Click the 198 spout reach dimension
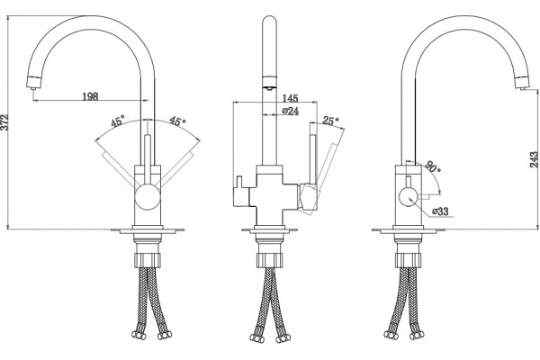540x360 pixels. pos(90,96)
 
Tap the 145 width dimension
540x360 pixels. pos(290,98)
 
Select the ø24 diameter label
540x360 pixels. pos(290,111)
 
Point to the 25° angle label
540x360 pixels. pos(330,121)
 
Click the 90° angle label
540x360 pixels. pos(433,166)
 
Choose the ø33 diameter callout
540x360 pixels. pos(440,211)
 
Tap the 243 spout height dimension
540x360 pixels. pos(534,159)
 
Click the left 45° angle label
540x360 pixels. pos(117,122)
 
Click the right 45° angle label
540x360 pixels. pos(177,121)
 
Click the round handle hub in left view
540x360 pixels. pos(148,197)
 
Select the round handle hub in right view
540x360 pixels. pos(409,197)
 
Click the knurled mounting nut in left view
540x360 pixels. pos(147,259)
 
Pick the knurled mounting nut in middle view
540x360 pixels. pos(269,260)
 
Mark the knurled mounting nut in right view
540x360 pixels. pos(409,260)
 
